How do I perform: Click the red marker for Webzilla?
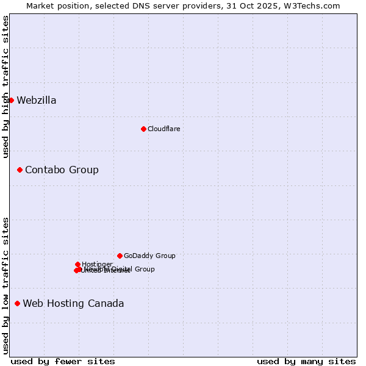point(11,100)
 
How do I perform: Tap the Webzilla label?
point(37,101)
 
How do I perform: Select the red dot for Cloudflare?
point(143,129)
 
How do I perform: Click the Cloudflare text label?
point(163,129)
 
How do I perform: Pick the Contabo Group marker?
point(20,170)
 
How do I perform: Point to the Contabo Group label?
point(62,170)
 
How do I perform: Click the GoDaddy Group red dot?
point(120,256)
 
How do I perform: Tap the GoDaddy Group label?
point(149,256)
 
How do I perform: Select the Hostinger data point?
point(77,264)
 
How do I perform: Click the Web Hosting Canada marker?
point(17,303)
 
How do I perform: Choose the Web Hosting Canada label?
point(73,303)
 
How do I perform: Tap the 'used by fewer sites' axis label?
point(63,361)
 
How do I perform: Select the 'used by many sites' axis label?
point(306,361)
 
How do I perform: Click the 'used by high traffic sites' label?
point(5,87)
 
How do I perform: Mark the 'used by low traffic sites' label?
point(5,285)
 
